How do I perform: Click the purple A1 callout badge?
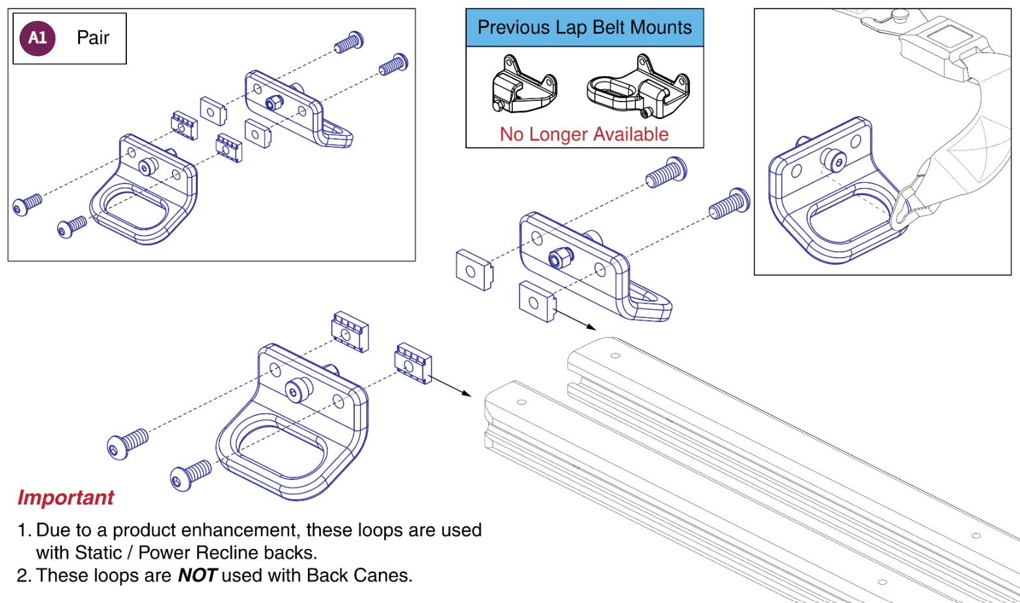click(x=37, y=38)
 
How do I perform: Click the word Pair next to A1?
click(x=93, y=38)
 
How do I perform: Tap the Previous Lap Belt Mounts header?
click(x=585, y=27)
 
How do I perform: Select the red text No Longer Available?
click(x=584, y=134)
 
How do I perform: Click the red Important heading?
click(x=66, y=498)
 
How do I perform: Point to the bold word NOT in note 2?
click(x=197, y=576)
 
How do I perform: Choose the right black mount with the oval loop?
click(x=638, y=90)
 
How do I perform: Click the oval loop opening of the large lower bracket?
click(x=280, y=449)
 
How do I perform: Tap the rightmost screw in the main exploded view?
click(x=730, y=204)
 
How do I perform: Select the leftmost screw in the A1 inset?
click(x=27, y=204)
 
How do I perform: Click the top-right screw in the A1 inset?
click(x=394, y=64)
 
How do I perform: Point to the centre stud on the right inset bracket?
click(x=833, y=159)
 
